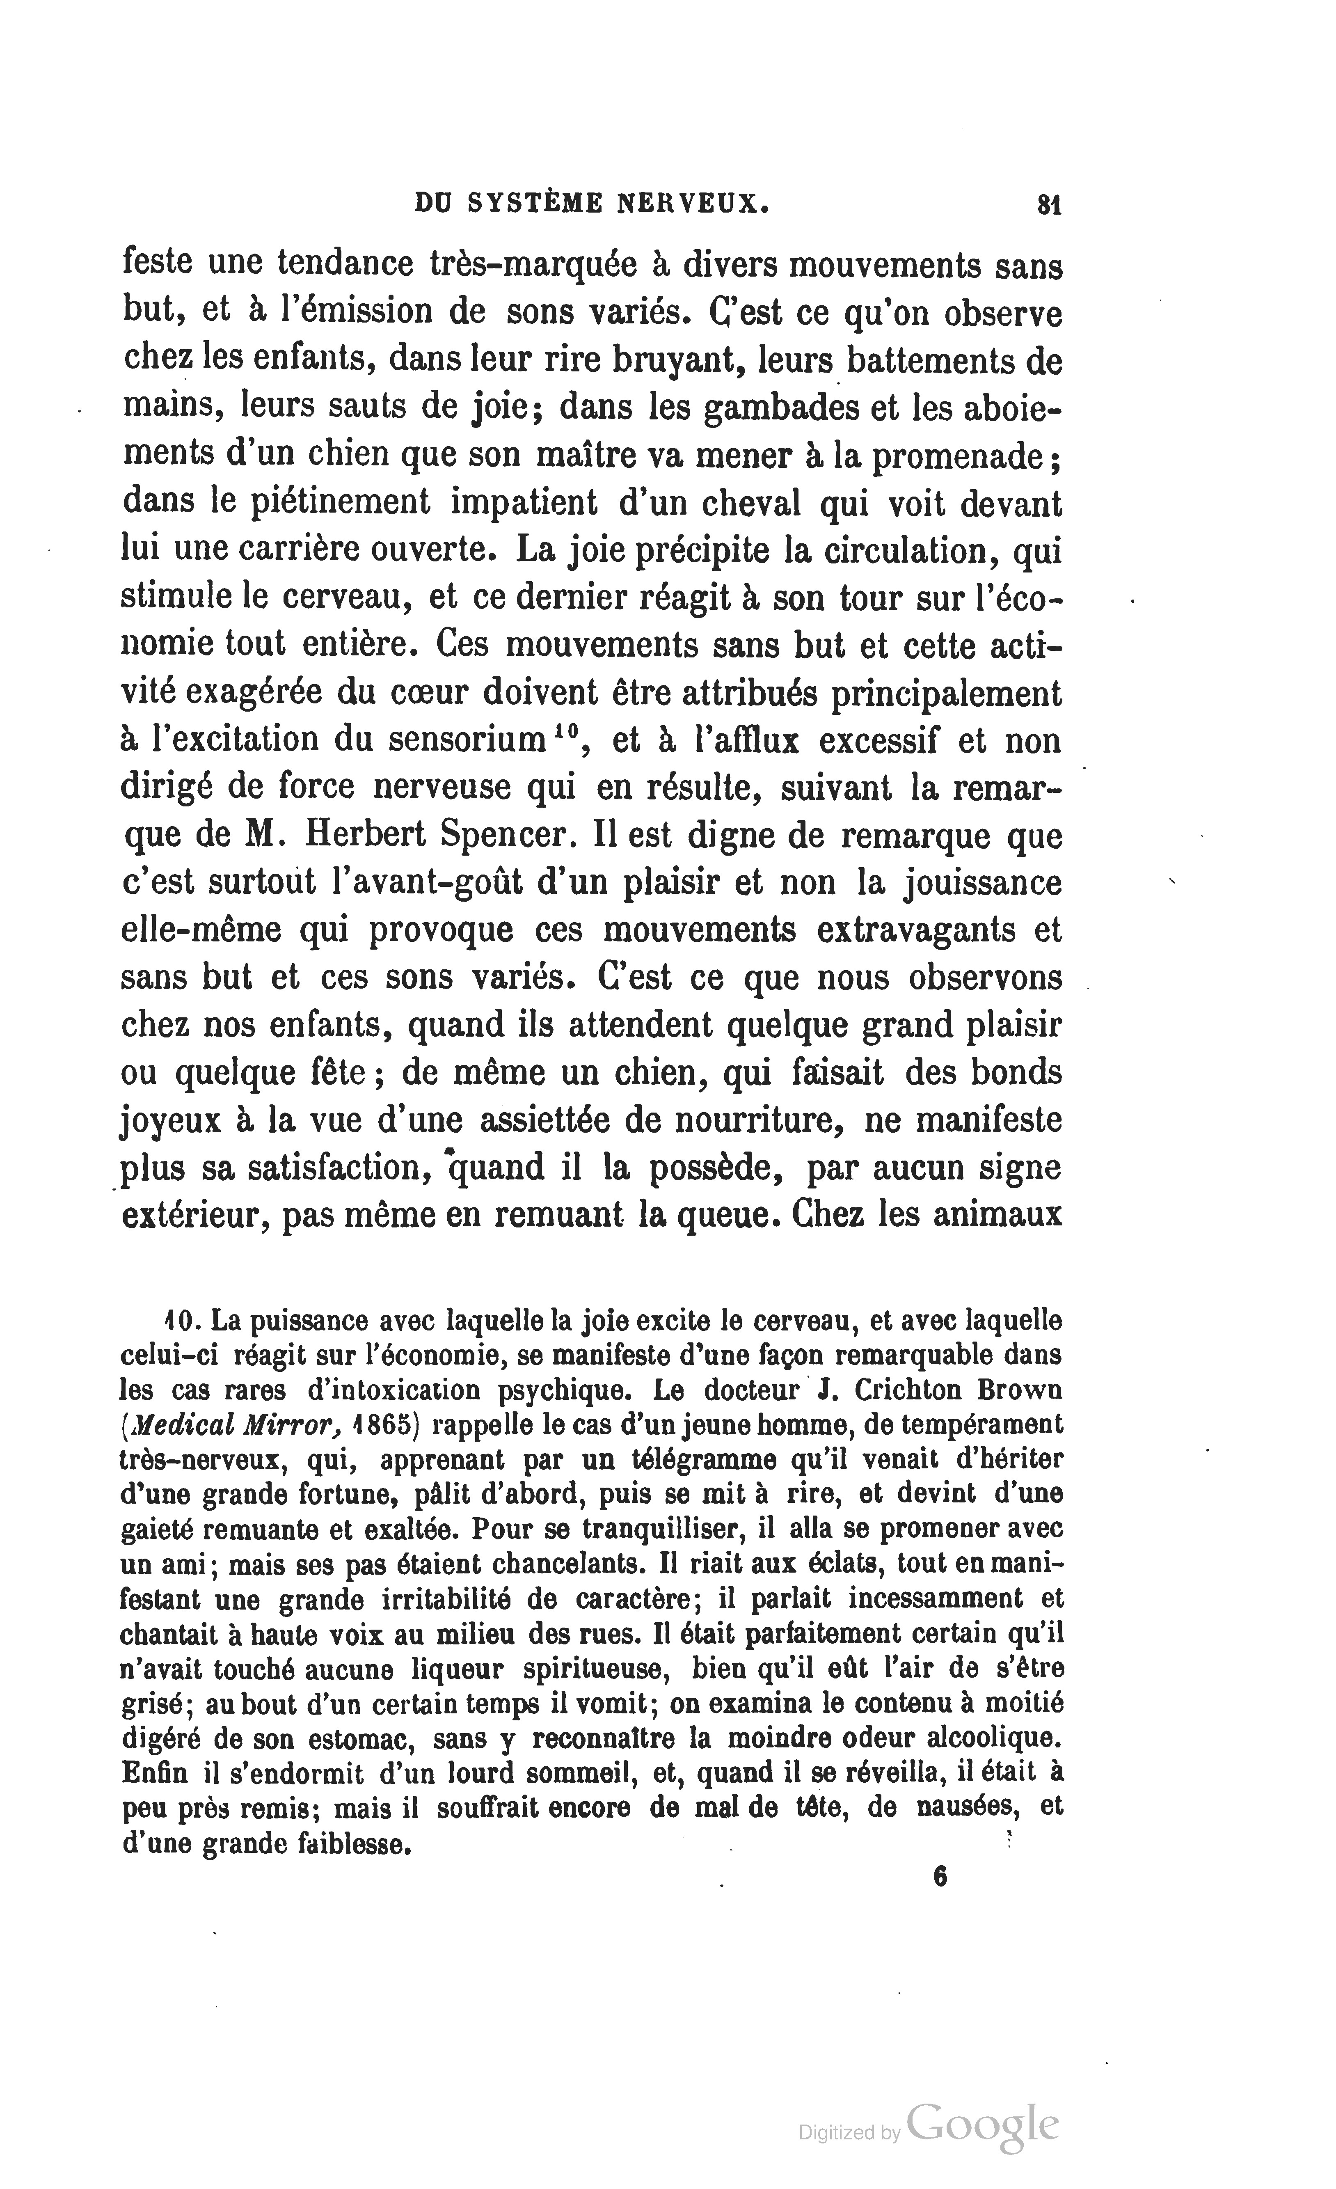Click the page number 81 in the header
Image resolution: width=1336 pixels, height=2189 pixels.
[x=1049, y=205]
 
